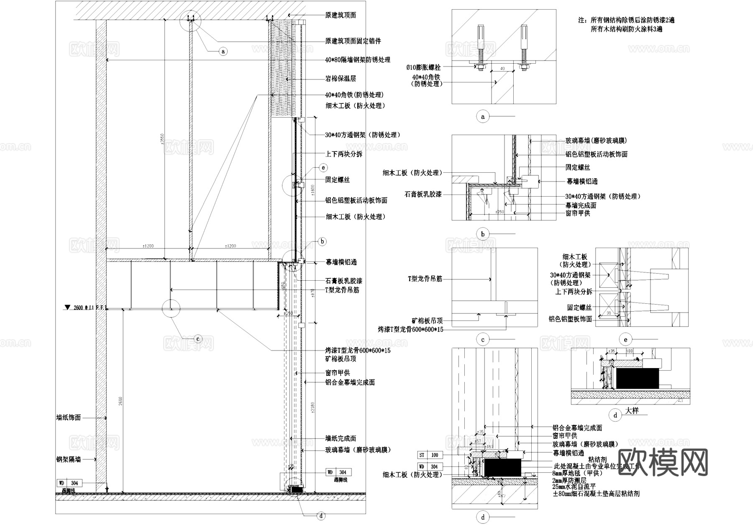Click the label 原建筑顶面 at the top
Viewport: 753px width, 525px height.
341,15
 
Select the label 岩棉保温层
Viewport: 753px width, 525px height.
341,79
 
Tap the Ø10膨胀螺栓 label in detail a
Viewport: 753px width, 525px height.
423,67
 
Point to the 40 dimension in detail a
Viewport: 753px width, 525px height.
502,68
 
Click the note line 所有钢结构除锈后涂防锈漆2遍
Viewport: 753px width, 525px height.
626,20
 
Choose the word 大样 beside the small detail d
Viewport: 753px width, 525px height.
632,411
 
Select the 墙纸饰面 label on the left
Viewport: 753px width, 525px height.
69,417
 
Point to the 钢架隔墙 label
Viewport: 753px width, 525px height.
69,459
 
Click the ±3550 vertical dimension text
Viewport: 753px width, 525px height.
161,138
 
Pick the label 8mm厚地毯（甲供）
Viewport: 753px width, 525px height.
578,473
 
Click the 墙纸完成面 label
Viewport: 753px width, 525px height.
341,438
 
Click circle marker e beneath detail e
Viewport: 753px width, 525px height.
625,340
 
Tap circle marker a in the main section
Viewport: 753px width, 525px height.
223,51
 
